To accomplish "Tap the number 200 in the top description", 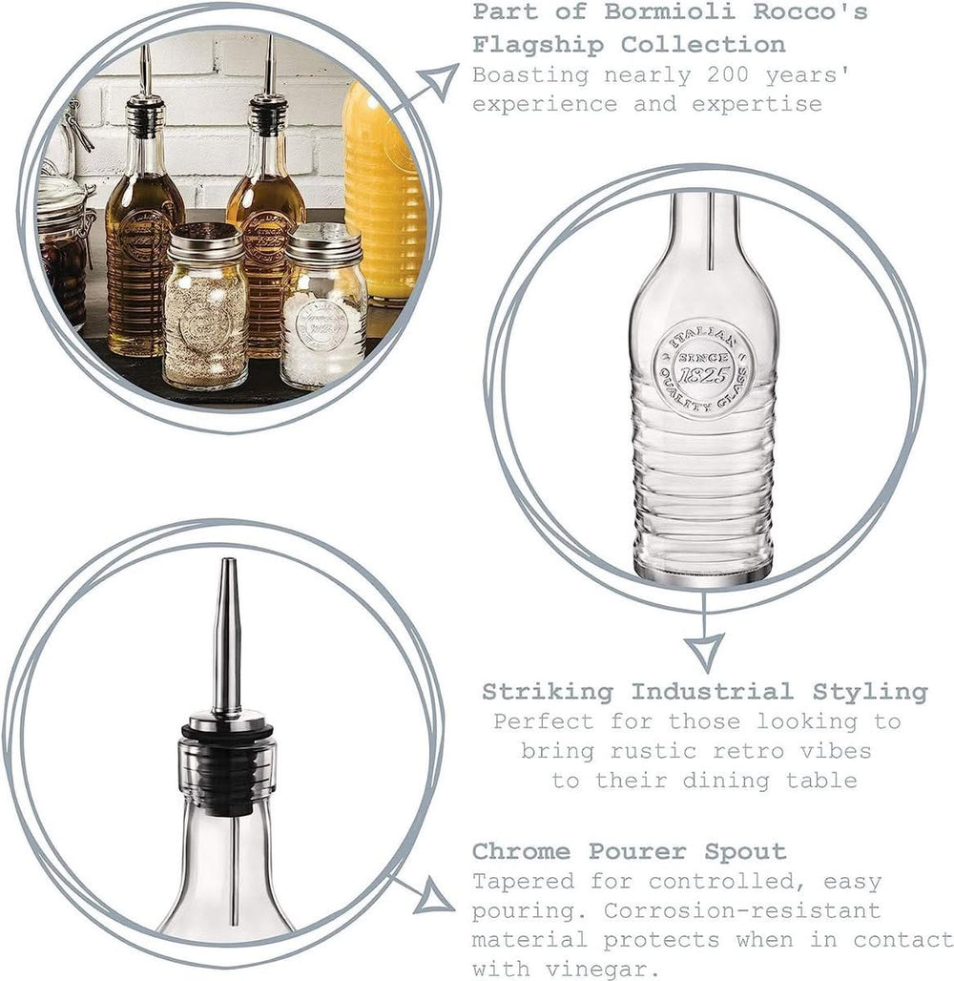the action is click(x=728, y=75).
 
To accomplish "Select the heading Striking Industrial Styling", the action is click(x=705, y=692).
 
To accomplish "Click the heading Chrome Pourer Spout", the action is click(x=630, y=852).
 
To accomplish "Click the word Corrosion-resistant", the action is click(x=742, y=911).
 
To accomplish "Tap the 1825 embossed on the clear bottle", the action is click(x=705, y=375).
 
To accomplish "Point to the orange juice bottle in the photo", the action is click(x=383, y=194).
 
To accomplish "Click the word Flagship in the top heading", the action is click(x=538, y=46).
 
